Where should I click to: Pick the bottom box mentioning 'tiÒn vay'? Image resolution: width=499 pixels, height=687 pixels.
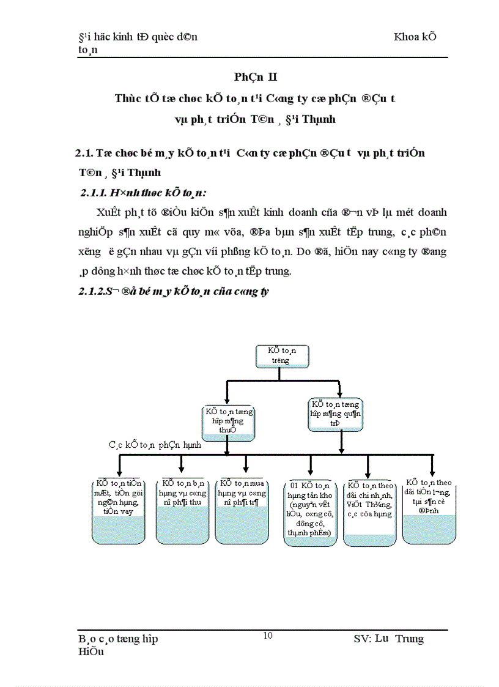[x=119, y=510]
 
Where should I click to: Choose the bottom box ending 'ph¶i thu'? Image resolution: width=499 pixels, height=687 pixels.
[x=182, y=510]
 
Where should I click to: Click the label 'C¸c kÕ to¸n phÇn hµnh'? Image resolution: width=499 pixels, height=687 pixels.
[x=155, y=445]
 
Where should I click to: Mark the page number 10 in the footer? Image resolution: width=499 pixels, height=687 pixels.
[x=267, y=636]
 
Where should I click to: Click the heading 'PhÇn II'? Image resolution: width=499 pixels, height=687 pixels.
[x=255, y=76]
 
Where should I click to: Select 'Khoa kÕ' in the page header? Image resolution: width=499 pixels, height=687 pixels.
[x=415, y=36]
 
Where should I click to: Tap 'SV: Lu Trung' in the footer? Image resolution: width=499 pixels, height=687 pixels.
[x=388, y=639]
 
